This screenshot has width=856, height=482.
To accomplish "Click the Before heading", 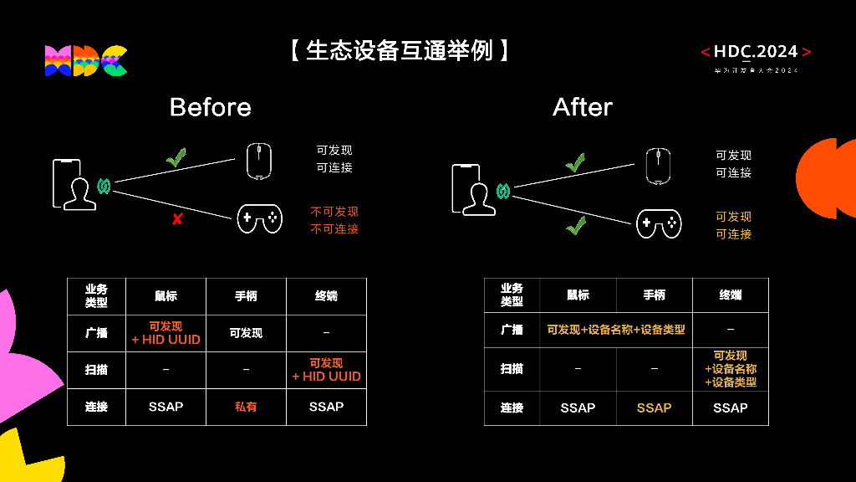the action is click(210, 107).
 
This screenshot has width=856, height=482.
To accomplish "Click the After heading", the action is click(583, 107).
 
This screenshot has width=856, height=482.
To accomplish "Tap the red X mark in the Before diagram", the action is click(177, 219).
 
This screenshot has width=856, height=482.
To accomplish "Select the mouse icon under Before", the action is click(259, 161).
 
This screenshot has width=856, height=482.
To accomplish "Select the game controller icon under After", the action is click(659, 223).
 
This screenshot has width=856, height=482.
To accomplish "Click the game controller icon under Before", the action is click(259, 218).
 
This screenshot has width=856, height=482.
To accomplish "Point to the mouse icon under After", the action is click(659, 166).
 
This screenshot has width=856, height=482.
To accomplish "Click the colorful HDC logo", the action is click(86, 60).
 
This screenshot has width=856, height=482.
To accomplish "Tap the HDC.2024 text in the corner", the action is click(756, 53).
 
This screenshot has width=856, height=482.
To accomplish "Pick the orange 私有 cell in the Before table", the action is click(246, 407).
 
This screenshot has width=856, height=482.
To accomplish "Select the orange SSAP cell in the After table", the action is click(654, 408).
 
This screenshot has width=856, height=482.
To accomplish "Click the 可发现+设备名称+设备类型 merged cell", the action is click(616, 330).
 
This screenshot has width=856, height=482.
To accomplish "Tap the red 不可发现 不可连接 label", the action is click(334, 220).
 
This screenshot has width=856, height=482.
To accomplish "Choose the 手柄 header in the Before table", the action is click(246, 296).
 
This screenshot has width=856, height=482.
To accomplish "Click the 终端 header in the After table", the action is click(731, 295).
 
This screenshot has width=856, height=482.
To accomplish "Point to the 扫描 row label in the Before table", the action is click(96, 369).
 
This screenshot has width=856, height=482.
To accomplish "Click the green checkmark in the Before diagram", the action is click(176, 157).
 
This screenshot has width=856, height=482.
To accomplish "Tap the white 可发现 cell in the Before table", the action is click(246, 333).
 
